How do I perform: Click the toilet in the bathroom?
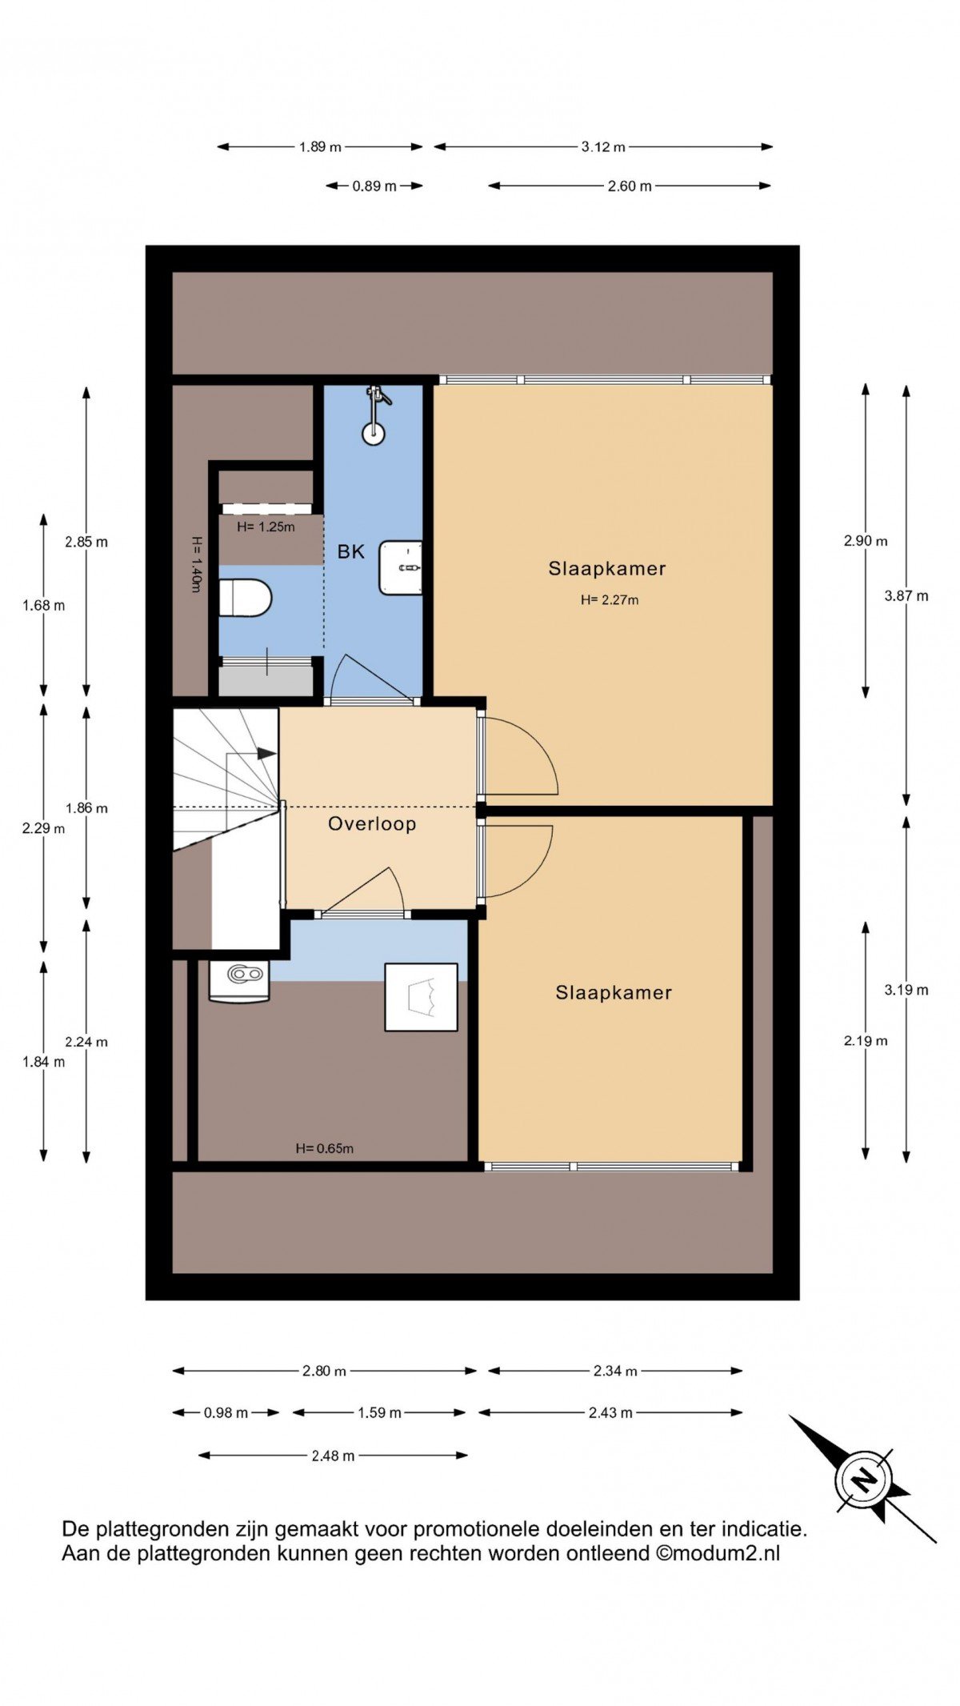point(245,598)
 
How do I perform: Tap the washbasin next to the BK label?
point(402,567)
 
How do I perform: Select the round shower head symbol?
point(373,434)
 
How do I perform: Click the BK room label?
point(351,551)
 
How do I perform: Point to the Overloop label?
point(372,824)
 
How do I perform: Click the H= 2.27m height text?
point(610,599)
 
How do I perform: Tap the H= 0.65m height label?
point(325,1148)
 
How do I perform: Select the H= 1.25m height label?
point(266,527)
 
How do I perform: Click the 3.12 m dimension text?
point(603,146)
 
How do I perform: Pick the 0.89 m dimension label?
point(374,186)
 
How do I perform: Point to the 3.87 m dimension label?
point(906,595)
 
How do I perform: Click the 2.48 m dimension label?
point(333,1456)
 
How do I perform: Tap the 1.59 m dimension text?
point(379,1412)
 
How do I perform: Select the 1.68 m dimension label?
point(44,605)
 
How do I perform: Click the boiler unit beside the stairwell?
point(239,981)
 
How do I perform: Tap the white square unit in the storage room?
point(422,997)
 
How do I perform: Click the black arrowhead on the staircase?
point(266,753)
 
